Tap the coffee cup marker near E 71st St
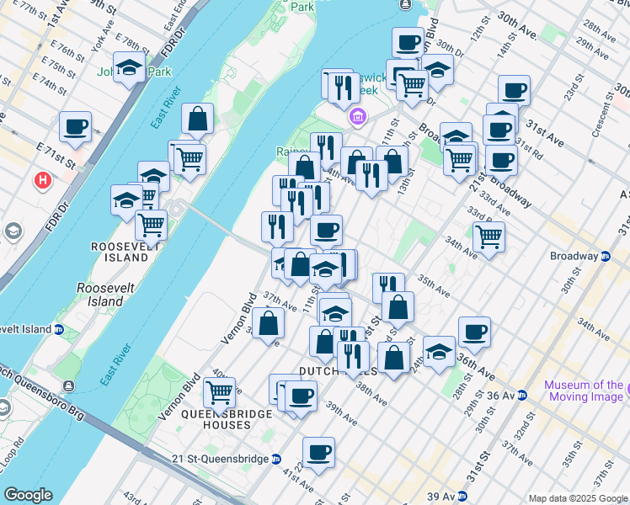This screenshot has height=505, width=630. point(75,127)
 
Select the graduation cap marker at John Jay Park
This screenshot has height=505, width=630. point(129,69)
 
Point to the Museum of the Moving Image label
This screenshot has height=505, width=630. point(584,391)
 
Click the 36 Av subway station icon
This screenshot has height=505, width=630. point(522,395)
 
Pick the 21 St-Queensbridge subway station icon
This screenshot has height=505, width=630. point(275,459)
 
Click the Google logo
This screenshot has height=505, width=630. point(28,495)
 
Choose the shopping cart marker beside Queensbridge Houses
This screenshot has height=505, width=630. point(219,391)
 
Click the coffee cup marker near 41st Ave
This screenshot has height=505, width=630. point(318,453)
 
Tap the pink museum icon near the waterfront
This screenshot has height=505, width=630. point(357,115)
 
